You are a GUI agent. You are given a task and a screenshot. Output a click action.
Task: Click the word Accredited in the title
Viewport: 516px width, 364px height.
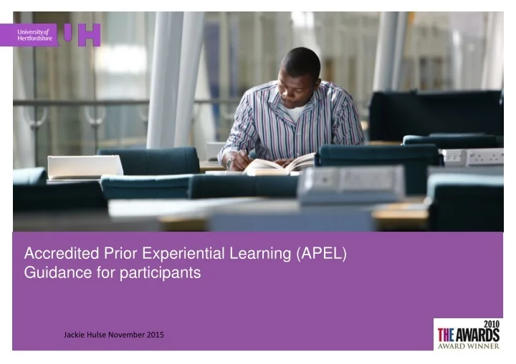click(55, 252)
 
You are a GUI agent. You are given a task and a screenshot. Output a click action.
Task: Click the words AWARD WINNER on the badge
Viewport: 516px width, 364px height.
click(469, 345)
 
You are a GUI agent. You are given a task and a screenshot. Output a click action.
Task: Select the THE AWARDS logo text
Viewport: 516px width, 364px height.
click(469, 333)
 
